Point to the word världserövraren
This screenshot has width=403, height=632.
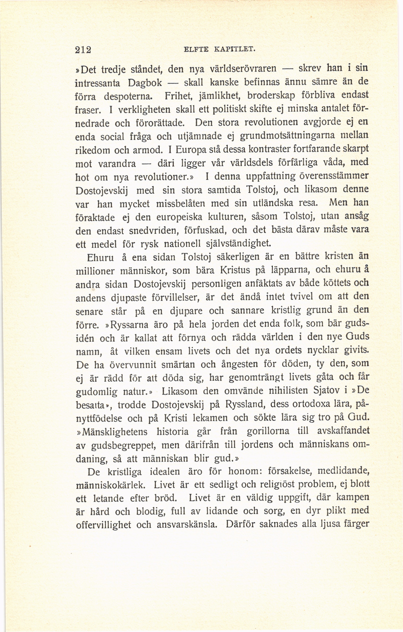coord(244,69)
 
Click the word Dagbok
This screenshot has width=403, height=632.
coord(145,83)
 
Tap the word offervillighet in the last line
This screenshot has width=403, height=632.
coord(103,525)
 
